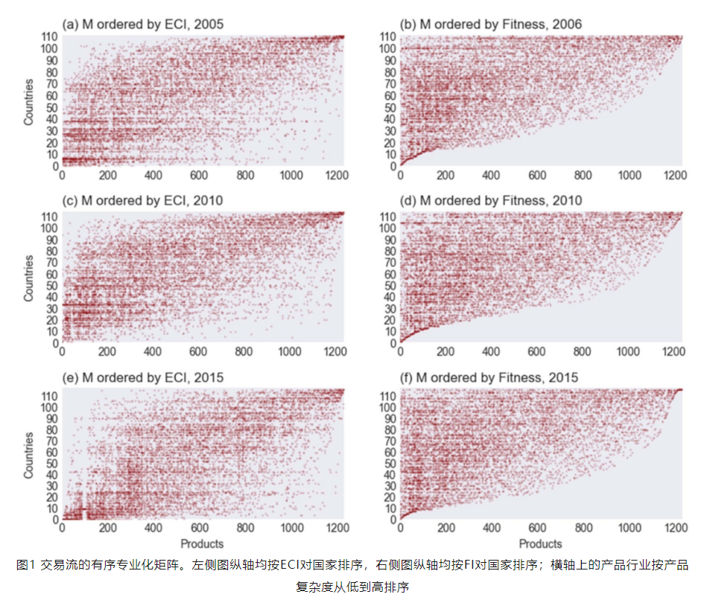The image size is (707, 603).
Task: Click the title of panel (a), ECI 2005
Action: pyautogui.click(x=143, y=25)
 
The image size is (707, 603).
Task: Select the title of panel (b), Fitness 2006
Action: pyautogui.click(x=485, y=25)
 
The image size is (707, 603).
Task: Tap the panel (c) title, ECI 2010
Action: pyautogui.click(x=143, y=201)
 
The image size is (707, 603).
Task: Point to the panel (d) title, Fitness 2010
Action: pyautogui.click(x=485, y=201)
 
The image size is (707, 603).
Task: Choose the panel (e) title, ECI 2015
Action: pyautogui.click(x=143, y=377)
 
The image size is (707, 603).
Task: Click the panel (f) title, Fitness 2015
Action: pyautogui.click(x=485, y=377)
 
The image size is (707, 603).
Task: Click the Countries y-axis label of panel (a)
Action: pyautogui.click(x=29, y=101)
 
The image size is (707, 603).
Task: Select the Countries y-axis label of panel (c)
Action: pyautogui.click(x=29, y=278)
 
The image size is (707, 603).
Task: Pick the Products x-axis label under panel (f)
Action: pyautogui.click(x=542, y=544)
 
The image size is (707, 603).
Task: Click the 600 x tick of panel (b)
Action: pyautogui.click(x=538, y=176)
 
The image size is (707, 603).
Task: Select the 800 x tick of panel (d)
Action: pyautogui.click(x=584, y=352)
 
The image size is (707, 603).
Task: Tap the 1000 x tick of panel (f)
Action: pyautogui.click(x=630, y=529)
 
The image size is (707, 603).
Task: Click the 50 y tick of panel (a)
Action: pyautogui.click(x=50, y=107)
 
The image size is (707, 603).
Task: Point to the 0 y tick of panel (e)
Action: pyautogui.click(x=54, y=519)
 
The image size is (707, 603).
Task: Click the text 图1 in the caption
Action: pyautogui.click(x=25, y=565)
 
